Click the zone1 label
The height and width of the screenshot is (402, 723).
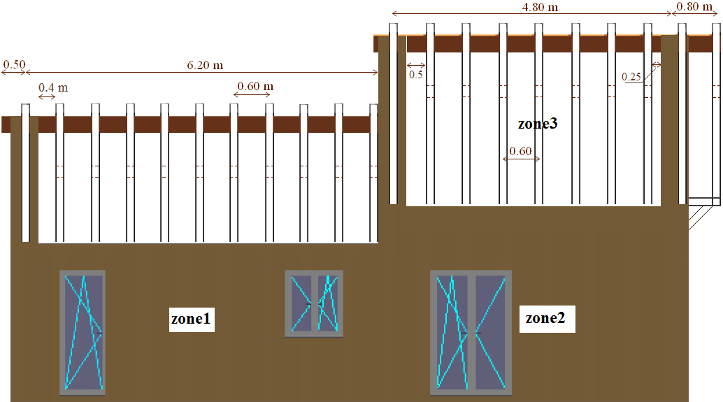(x=192, y=319)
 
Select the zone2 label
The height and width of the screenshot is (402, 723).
(x=550, y=319)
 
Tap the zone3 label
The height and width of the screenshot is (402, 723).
(x=537, y=124)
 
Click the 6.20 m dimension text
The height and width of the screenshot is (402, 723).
(x=205, y=65)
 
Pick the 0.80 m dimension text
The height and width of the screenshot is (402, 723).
(x=695, y=6)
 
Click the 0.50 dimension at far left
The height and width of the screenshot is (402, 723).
(x=14, y=65)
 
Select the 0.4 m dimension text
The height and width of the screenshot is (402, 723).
(x=53, y=87)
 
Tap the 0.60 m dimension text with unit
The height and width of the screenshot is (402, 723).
(x=255, y=87)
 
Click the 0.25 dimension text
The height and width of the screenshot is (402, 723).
(x=631, y=77)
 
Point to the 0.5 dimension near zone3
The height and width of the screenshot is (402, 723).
(x=416, y=75)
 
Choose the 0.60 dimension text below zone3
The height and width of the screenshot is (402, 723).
(x=520, y=151)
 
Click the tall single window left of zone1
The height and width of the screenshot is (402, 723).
(x=83, y=332)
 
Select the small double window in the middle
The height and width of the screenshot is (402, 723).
(x=314, y=303)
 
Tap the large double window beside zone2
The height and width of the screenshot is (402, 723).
(x=471, y=332)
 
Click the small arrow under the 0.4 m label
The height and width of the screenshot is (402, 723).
(x=47, y=97)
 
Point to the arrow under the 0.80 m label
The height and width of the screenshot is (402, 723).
(x=696, y=14)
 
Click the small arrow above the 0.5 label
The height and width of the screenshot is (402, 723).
(x=416, y=66)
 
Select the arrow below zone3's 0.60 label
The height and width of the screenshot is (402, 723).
(x=522, y=159)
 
